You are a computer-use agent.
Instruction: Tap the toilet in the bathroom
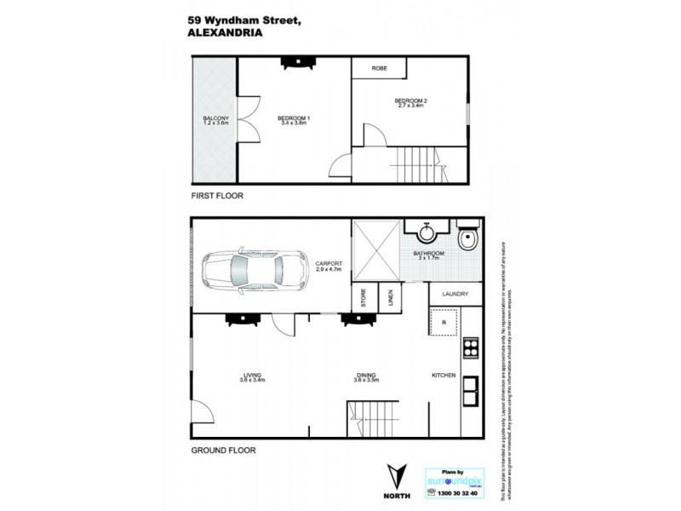point(467,243)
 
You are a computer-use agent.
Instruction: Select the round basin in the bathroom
point(426,233)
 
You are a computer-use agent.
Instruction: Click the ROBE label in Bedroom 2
point(380,69)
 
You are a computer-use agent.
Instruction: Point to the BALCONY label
point(215,118)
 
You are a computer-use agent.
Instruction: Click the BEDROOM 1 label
point(294,118)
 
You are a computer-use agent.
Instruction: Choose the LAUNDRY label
point(455,295)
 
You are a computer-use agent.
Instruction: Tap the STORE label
point(362,298)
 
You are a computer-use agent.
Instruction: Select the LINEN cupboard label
point(388,298)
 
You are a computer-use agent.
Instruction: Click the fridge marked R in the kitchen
point(442,324)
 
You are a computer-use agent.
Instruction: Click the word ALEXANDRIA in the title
point(224,35)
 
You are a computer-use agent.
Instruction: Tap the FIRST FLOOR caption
point(217,196)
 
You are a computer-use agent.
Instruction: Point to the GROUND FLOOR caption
point(223,451)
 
